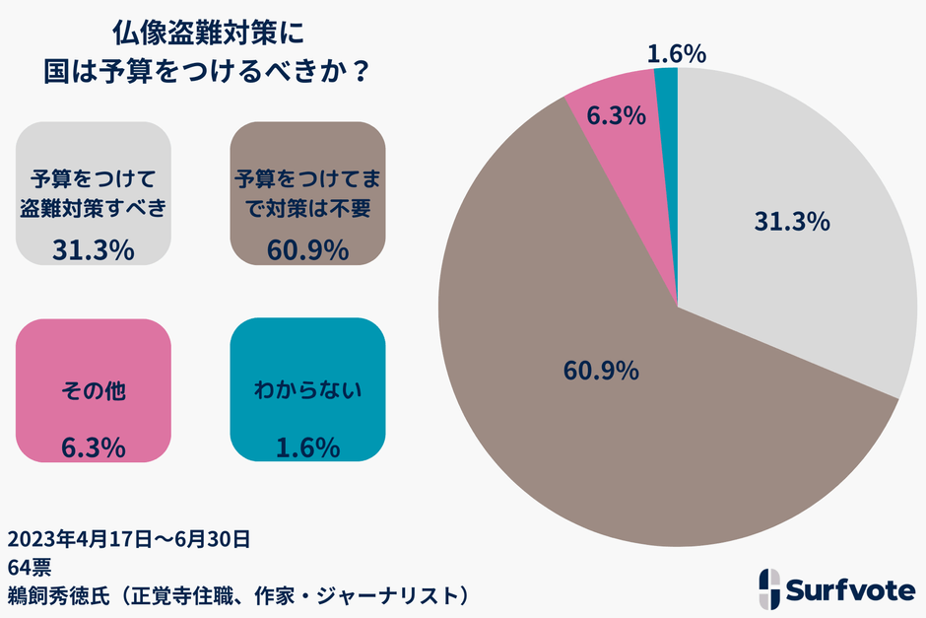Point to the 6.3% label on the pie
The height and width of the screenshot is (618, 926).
(616, 115)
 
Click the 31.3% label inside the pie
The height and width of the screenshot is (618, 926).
(792, 222)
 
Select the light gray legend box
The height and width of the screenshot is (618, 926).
(95, 193)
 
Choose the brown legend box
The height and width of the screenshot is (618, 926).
(307, 193)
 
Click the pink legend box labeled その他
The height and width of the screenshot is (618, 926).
(95, 390)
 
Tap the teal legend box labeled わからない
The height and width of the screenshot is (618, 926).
(307, 390)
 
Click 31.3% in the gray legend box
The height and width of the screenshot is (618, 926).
(94, 250)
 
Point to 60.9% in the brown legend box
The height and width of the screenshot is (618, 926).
(307, 250)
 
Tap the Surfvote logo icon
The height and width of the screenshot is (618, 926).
(771, 588)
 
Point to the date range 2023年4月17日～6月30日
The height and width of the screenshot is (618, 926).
(128, 539)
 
